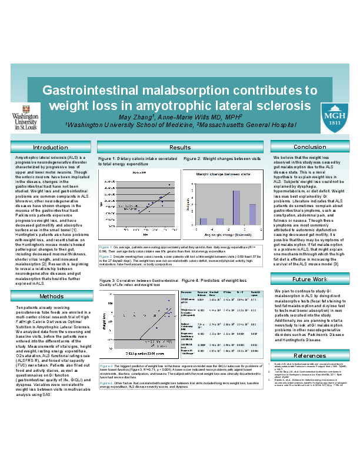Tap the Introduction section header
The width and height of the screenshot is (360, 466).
pyautogui.click(x=50, y=147)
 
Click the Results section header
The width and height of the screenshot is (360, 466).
pyautogui.click(x=179, y=147)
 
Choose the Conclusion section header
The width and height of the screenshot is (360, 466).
pyautogui.click(x=309, y=147)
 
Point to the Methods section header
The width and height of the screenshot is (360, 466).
pyautogui.click(x=50, y=296)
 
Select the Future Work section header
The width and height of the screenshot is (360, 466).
pyautogui.click(x=309, y=279)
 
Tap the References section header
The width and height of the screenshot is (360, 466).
pyautogui.click(x=309, y=356)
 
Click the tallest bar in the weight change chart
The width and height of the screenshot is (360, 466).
pyautogui.click(x=236, y=207)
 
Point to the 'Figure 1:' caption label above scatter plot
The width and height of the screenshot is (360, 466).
pyautogui.click(x=106, y=159)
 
